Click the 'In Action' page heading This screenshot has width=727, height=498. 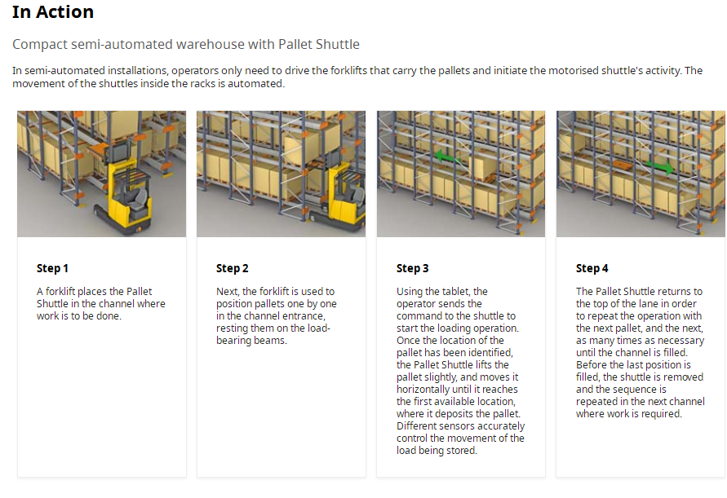click(53, 12)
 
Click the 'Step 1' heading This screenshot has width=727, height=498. click(52, 268)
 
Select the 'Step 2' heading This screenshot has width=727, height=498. click(233, 268)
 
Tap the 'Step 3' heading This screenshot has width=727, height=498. click(412, 268)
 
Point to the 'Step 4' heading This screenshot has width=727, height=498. click(592, 268)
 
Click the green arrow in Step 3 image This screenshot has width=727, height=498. click(448, 157)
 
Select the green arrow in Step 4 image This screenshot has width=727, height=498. click(659, 166)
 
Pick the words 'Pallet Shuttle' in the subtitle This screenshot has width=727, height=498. click(319, 44)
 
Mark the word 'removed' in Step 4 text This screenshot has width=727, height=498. click(685, 377)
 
